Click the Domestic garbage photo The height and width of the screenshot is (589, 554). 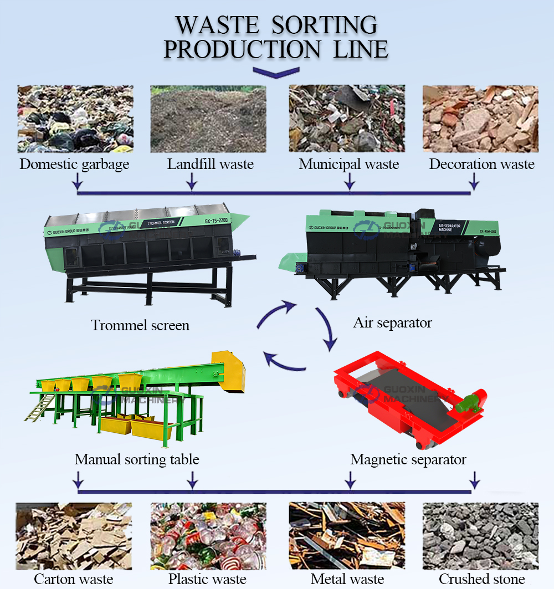[x=75, y=119]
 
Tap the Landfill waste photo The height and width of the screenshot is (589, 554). [x=208, y=119]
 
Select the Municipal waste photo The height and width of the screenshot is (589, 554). [x=347, y=119]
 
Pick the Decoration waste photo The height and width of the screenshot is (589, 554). [x=480, y=119]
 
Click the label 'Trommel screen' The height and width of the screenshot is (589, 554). [x=140, y=325]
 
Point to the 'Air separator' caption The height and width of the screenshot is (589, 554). [x=392, y=322]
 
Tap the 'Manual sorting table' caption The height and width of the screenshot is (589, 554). [x=137, y=459]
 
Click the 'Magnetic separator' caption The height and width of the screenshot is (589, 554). [x=408, y=459]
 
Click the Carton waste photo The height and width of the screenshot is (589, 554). [x=74, y=536]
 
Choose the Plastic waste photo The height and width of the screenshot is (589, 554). [x=208, y=536]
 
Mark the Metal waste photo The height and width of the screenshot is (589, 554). [x=347, y=536]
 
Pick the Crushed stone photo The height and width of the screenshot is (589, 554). [x=480, y=536]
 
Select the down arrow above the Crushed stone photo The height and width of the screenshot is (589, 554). [x=474, y=479]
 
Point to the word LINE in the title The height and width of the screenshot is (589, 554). [x=361, y=49]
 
